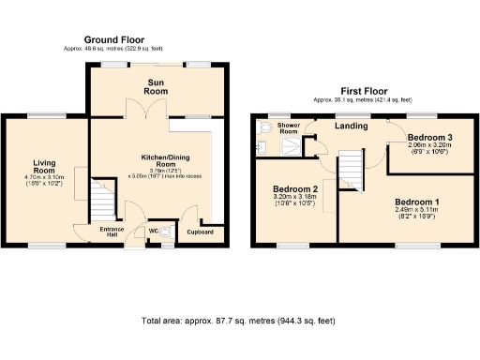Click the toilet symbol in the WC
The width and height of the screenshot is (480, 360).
click(x=166, y=232)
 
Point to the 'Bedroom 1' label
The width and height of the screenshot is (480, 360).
click(x=416, y=202)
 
